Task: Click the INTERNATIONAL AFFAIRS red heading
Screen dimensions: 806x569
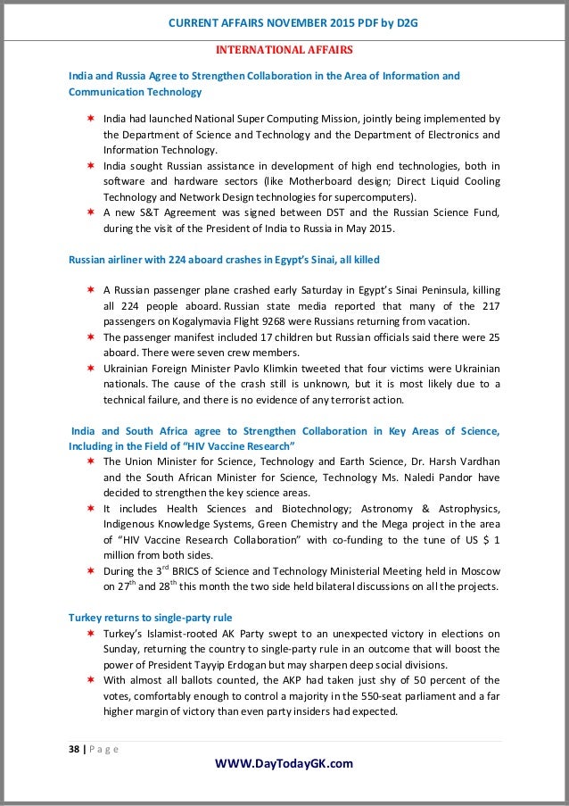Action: click(x=284, y=49)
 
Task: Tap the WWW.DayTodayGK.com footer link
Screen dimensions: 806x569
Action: click(x=284, y=762)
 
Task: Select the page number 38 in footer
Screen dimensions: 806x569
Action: click(x=75, y=748)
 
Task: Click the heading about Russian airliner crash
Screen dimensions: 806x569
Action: click(x=224, y=260)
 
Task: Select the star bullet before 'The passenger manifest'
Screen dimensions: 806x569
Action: click(x=91, y=338)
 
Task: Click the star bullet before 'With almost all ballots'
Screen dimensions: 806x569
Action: click(x=91, y=680)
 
